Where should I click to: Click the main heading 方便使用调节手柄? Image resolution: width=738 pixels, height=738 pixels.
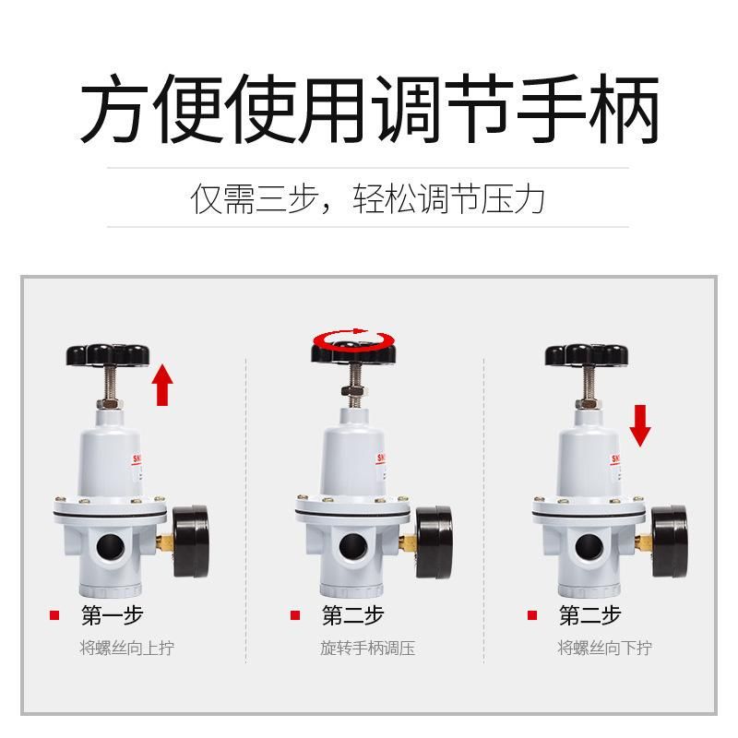(369, 109)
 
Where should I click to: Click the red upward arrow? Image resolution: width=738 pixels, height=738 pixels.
(162, 384)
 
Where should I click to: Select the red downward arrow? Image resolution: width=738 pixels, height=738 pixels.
(640, 425)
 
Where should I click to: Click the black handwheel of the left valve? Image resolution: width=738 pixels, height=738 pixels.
(108, 354)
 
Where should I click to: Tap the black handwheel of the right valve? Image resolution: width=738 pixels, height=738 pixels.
(587, 355)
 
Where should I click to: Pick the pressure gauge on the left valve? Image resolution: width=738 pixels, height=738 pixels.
(191, 542)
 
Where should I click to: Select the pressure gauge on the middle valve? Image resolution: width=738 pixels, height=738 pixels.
(434, 542)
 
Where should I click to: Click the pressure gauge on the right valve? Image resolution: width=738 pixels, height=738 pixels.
(671, 542)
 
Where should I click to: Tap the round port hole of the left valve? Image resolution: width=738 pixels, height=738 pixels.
(111, 547)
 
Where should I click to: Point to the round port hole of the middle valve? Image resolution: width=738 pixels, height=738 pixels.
(353, 547)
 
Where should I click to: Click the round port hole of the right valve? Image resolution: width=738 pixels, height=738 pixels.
(589, 547)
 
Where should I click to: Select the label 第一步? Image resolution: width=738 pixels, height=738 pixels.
(112, 615)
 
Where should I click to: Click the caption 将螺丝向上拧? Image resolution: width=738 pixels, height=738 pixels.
(127, 648)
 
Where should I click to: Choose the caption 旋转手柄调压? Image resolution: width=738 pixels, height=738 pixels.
(367, 648)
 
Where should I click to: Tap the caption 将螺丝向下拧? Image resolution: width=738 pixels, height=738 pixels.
(605, 648)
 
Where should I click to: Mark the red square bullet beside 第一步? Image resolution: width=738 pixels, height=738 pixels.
(54, 615)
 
